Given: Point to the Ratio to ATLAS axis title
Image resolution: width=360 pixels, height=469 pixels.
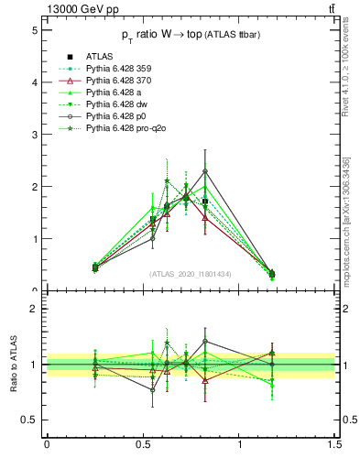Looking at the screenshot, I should click(14, 364).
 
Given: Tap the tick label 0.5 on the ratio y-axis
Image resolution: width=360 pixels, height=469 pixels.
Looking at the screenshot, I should click(29, 420).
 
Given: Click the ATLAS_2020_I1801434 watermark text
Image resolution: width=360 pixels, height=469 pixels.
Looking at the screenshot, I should click(191, 274).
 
